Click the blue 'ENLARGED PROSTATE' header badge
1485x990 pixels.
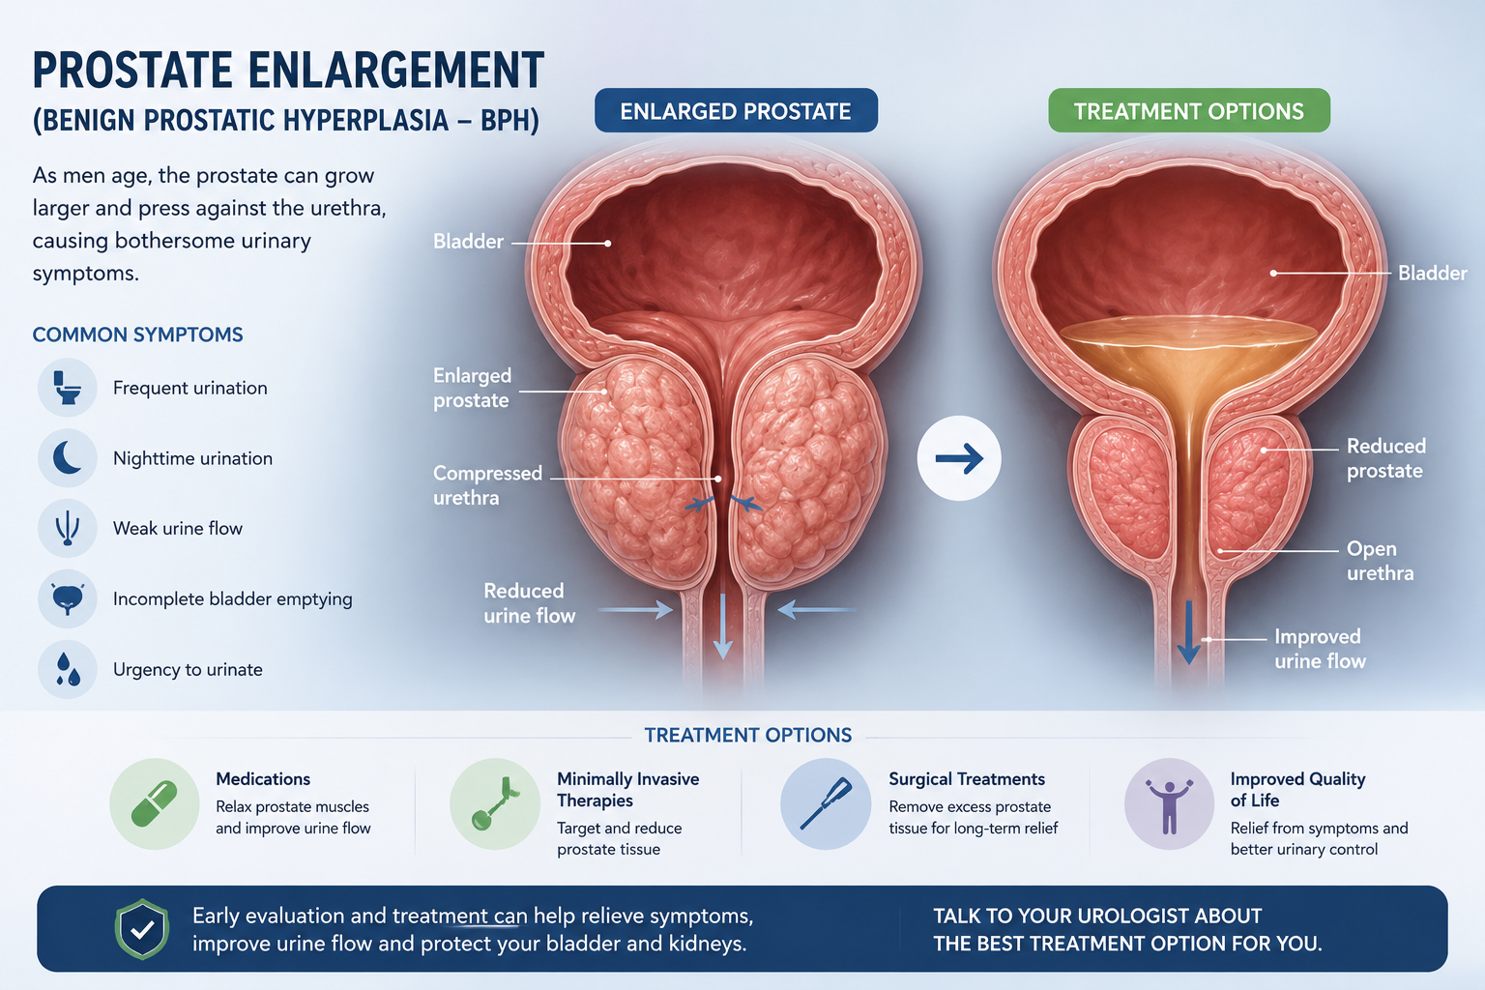(736, 111)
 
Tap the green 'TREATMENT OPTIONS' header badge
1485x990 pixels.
(1188, 111)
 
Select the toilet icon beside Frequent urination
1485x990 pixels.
(67, 388)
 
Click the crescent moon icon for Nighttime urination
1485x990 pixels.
(67, 458)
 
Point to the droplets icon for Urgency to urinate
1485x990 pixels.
(68, 669)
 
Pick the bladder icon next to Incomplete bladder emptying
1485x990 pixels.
(67, 598)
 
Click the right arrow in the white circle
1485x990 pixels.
(959, 458)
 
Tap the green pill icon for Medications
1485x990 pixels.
(155, 803)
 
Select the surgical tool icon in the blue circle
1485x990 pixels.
(826, 803)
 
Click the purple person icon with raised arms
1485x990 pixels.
(1169, 806)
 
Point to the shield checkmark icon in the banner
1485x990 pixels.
(142, 929)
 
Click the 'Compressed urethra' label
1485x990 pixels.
(487, 485)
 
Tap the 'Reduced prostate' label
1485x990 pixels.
(1385, 458)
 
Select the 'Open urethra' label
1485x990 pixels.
(1380, 561)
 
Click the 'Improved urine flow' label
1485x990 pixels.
(1320, 649)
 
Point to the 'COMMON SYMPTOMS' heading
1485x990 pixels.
(138, 335)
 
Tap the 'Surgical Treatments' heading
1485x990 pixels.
(967, 779)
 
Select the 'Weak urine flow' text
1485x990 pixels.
(178, 529)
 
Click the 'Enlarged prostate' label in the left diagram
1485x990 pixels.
(472, 388)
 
